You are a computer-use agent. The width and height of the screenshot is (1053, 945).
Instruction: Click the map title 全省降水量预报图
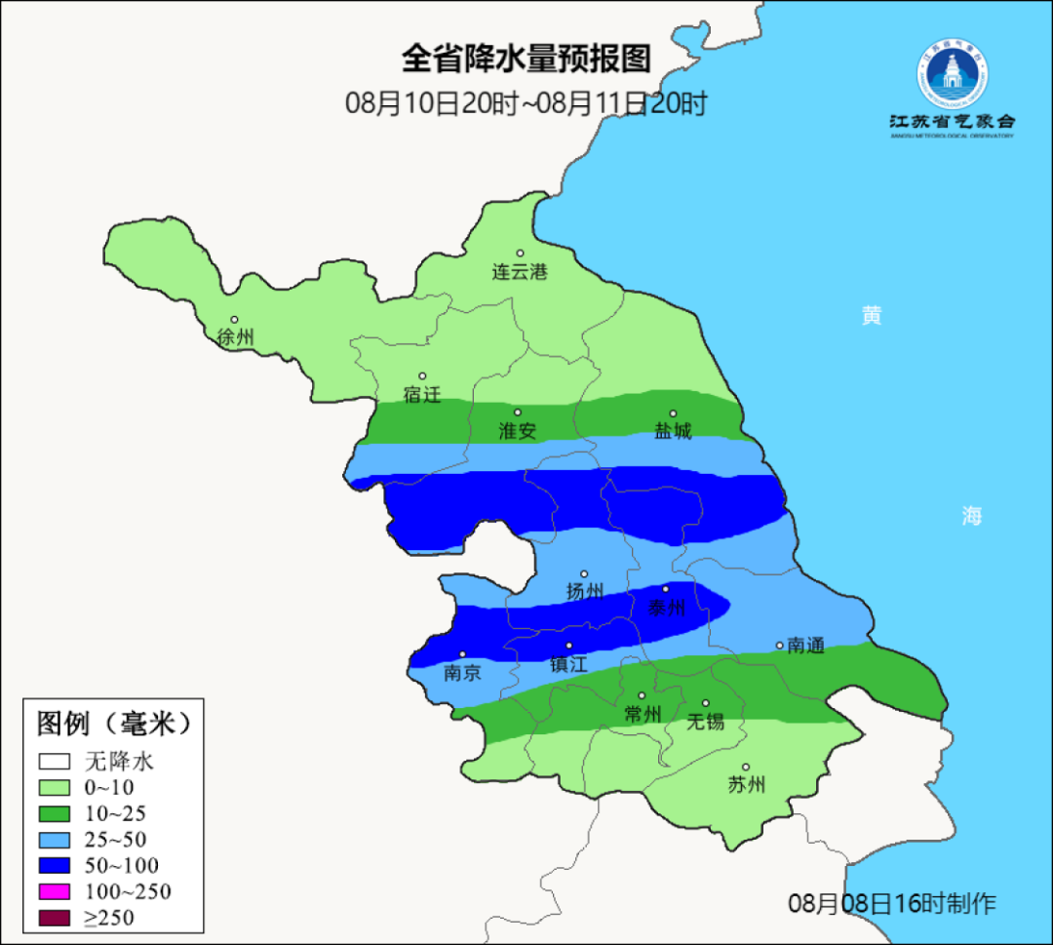(526, 59)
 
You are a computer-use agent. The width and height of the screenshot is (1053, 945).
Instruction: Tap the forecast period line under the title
(526, 103)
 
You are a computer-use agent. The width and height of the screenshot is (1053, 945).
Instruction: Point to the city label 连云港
(520, 272)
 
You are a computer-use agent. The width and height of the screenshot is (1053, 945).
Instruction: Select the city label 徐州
(236, 337)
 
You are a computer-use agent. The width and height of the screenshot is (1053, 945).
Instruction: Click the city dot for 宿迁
(422, 376)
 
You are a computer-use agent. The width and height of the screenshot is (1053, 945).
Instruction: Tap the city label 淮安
(518, 430)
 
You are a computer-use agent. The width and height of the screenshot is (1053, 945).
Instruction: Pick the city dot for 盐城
(673, 413)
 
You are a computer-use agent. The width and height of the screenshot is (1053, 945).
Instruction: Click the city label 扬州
(585, 591)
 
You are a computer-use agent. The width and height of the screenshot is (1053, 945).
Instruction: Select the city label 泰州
(667, 608)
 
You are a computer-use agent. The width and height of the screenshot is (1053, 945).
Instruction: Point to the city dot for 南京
(462, 655)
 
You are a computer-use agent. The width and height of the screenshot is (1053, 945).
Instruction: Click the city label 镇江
(568, 664)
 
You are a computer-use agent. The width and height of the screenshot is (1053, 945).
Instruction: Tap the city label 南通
(805, 646)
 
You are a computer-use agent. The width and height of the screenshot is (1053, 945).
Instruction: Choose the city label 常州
(643, 714)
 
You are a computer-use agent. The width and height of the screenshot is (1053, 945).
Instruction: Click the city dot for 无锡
(706, 703)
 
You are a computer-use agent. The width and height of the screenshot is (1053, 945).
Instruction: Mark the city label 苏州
(747, 784)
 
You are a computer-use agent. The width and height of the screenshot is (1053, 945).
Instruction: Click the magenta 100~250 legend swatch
(56, 891)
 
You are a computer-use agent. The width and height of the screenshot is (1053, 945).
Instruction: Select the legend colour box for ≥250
(56, 918)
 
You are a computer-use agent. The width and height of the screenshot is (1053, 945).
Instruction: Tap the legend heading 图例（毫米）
(113, 724)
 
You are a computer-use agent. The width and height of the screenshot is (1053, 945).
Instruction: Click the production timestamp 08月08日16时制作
(892, 904)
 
